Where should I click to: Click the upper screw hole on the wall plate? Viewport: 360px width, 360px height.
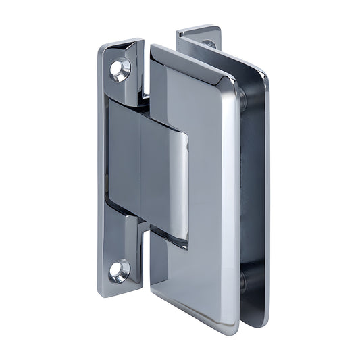tap(121, 70)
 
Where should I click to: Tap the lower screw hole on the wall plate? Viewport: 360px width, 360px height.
tap(119, 270)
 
